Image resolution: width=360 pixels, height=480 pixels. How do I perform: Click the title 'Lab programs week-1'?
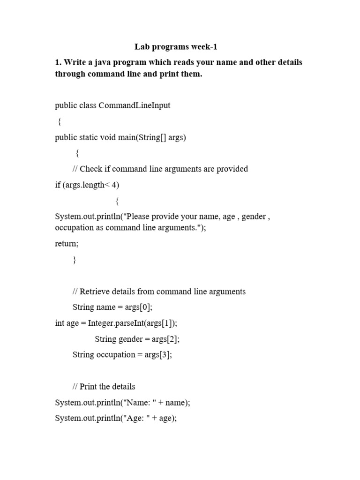(x=176, y=47)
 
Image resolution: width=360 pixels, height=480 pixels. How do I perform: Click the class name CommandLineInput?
(x=135, y=105)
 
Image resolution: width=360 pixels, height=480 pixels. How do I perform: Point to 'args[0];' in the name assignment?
(x=139, y=307)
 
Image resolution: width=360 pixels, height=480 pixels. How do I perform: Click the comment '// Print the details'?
(x=104, y=387)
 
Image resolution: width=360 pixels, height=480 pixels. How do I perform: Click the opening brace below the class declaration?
(x=59, y=122)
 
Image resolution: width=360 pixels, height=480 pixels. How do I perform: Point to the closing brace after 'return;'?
(x=75, y=260)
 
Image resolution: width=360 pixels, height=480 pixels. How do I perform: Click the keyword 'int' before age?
(x=60, y=323)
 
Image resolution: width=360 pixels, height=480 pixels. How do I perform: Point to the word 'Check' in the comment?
(x=91, y=169)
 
